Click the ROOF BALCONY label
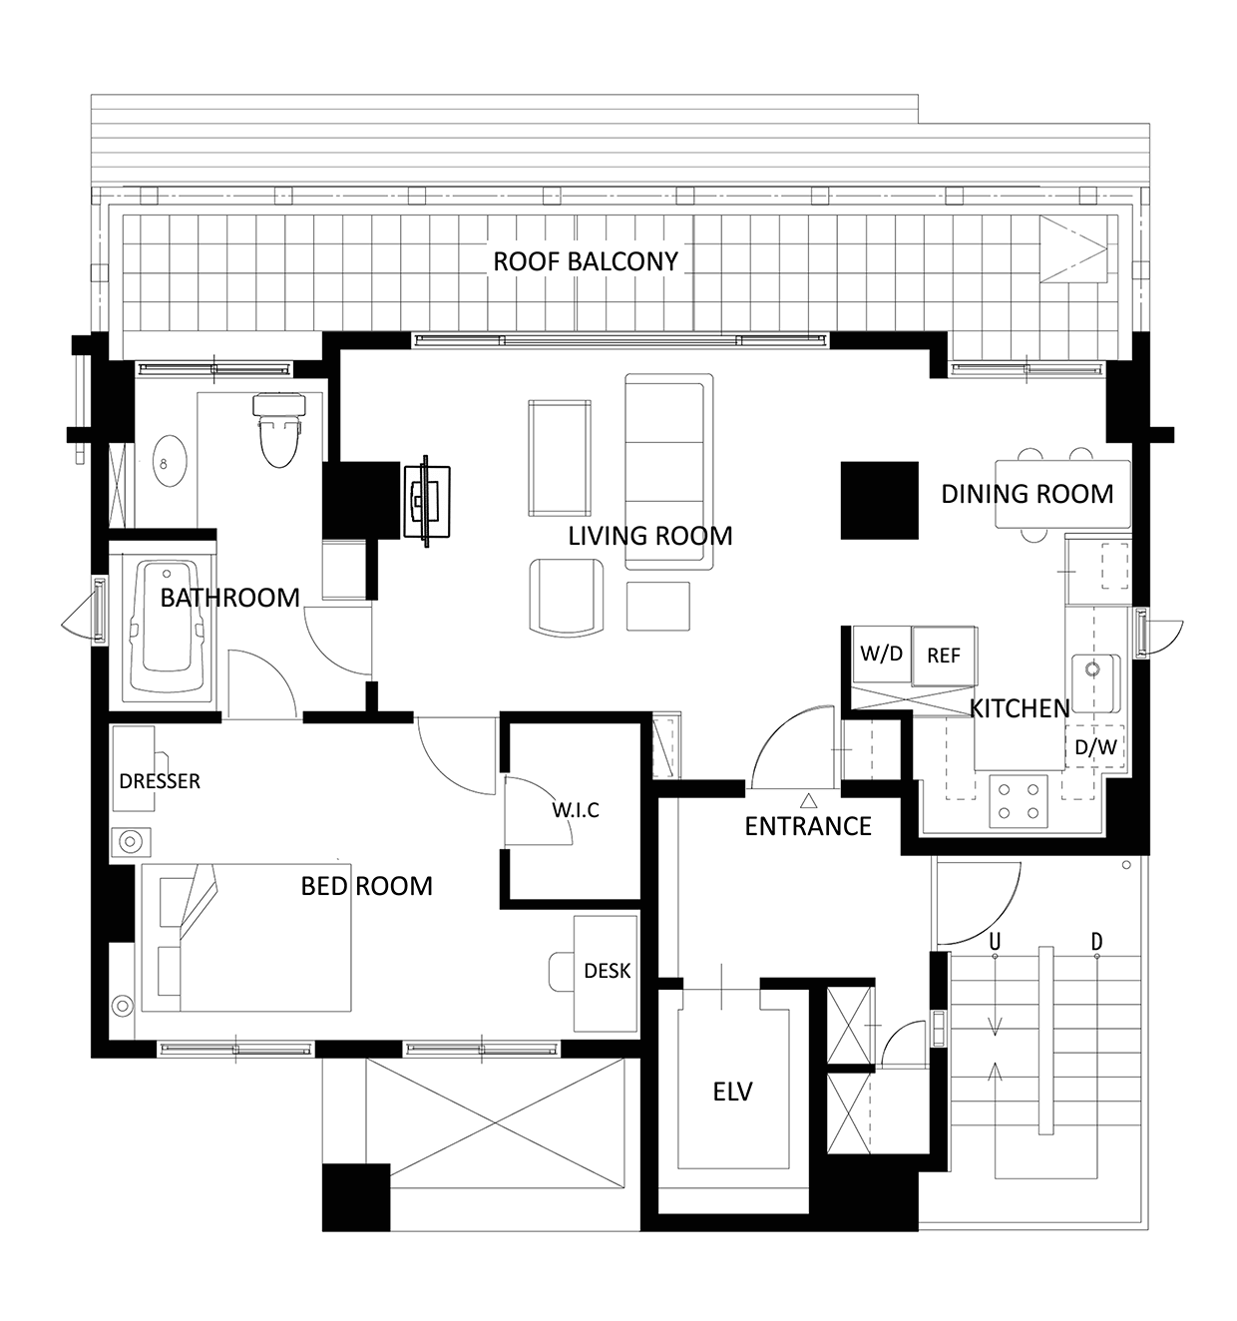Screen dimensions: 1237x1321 586,261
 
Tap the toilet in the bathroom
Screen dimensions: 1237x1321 279,430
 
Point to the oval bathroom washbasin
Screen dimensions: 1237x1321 169,461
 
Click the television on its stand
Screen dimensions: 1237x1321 426,501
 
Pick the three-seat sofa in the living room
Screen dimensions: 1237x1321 668,471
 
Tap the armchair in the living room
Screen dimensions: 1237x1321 567,596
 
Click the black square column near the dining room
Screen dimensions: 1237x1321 879,500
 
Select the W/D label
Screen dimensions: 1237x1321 881,654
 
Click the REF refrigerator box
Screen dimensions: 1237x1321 944,656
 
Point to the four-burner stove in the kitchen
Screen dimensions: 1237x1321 1019,801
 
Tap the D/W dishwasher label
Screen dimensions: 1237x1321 1095,747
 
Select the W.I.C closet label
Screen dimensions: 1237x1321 576,810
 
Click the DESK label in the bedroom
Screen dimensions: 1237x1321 608,971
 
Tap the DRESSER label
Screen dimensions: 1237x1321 160,781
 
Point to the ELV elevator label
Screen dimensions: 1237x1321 732,1092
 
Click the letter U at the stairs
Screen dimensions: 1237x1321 995,941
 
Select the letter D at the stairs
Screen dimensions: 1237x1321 1096,941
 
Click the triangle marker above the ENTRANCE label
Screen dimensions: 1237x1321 808,799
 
